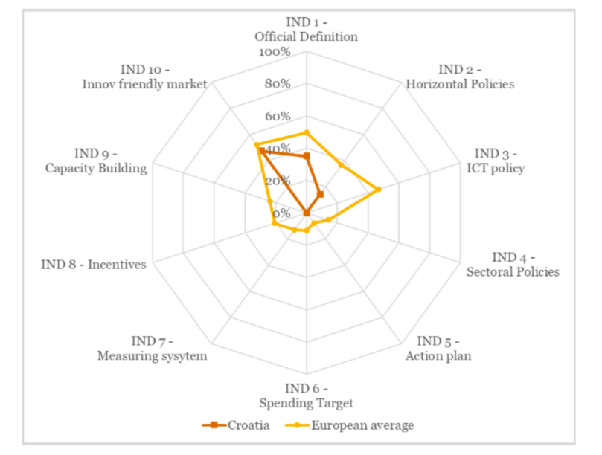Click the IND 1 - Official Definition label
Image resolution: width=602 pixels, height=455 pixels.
(306, 29)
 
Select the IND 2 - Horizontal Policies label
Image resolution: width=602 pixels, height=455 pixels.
(460, 77)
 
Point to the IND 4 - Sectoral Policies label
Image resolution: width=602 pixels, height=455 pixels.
(513, 265)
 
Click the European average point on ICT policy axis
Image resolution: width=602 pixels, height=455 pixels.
(379, 190)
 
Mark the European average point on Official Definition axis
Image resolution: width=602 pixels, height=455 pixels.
(306, 133)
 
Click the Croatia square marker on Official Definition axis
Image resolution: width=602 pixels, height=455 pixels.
(306, 156)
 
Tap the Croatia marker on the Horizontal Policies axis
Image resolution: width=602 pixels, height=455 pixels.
(321, 194)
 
